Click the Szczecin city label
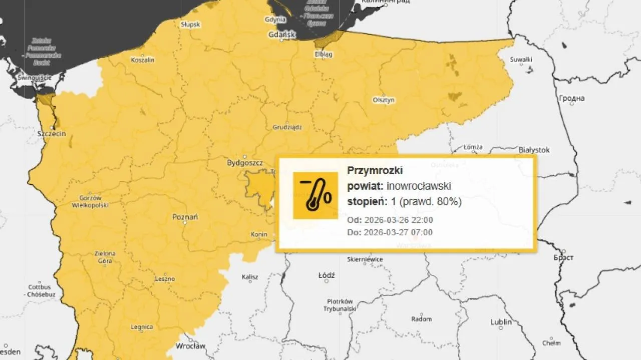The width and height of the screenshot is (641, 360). point(52,134)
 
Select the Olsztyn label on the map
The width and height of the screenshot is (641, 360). point(384,100)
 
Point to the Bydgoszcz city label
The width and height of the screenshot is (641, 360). point(245,163)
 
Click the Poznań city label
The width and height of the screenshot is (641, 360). point(185,217)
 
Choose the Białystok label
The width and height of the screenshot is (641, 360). point(534,150)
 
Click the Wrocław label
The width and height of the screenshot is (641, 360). point(191,346)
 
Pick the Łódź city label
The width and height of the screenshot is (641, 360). point(327,275)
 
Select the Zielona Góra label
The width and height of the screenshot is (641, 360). point(105,257)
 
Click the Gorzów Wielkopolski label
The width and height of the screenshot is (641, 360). point(90,201)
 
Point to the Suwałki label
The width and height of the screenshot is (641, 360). point(520,60)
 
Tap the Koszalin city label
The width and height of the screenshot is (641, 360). point(143,60)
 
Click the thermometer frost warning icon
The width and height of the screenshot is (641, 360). point(315,195)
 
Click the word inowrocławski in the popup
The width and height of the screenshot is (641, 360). point(419,186)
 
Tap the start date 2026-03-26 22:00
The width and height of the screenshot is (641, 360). point(399,220)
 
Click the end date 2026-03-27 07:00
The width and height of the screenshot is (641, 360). point(399,232)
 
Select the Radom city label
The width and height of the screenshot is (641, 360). point(421,319)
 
